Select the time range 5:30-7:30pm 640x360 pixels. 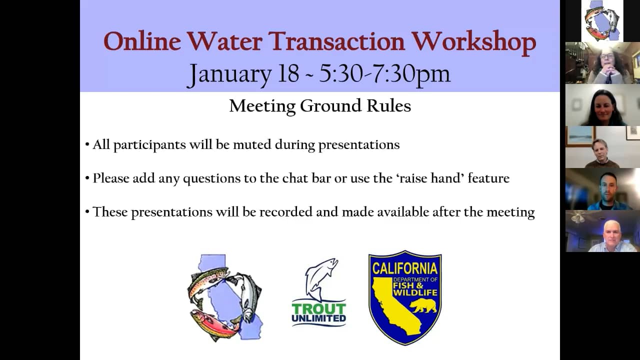pyautogui.click(x=384, y=73)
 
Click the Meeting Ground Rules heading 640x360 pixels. pyautogui.click(x=320, y=106)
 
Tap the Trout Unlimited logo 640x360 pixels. pyautogui.click(x=319, y=292)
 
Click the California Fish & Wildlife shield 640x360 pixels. pyautogui.click(x=404, y=297)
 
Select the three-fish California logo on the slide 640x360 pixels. pyautogui.click(x=225, y=297)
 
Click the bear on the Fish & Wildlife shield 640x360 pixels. pyautogui.click(x=423, y=305)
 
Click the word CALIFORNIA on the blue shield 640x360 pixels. pyautogui.click(x=404, y=268)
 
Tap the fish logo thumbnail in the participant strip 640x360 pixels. pyautogui.click(x=602, y=21)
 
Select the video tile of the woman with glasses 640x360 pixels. pyautogui.click(x=602, y=63)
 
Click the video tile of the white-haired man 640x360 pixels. pyautogui.click(x=602, y=231)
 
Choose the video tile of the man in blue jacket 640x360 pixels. pyautogui.click(x=602, y=189)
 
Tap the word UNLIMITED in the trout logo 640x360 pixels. pyautogui.click(x=319, y=318)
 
